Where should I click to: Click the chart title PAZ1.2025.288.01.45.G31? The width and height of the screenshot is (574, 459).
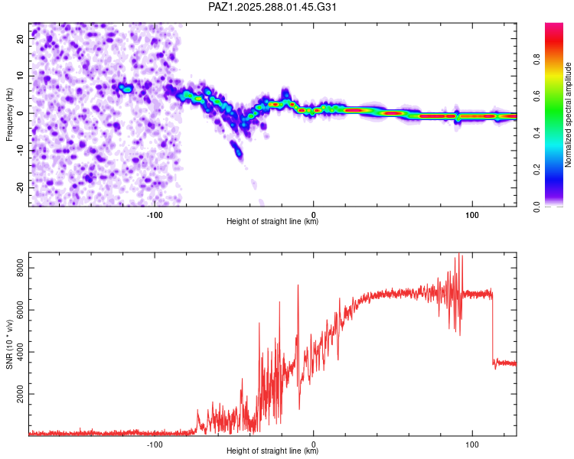273,7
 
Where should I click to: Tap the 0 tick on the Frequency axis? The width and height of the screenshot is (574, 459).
21,113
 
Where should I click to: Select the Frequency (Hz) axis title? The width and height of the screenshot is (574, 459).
10,114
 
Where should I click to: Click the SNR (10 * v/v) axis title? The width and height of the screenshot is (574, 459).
10,344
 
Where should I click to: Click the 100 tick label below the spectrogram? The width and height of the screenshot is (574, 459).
472,214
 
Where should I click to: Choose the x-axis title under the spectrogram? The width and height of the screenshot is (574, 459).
272,222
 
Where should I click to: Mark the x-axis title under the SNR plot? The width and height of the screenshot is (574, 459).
272,451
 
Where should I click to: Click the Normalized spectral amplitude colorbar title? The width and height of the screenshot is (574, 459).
569,115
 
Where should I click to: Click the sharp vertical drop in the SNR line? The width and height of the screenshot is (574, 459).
492,329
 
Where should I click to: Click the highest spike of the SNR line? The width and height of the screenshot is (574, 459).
459,256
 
